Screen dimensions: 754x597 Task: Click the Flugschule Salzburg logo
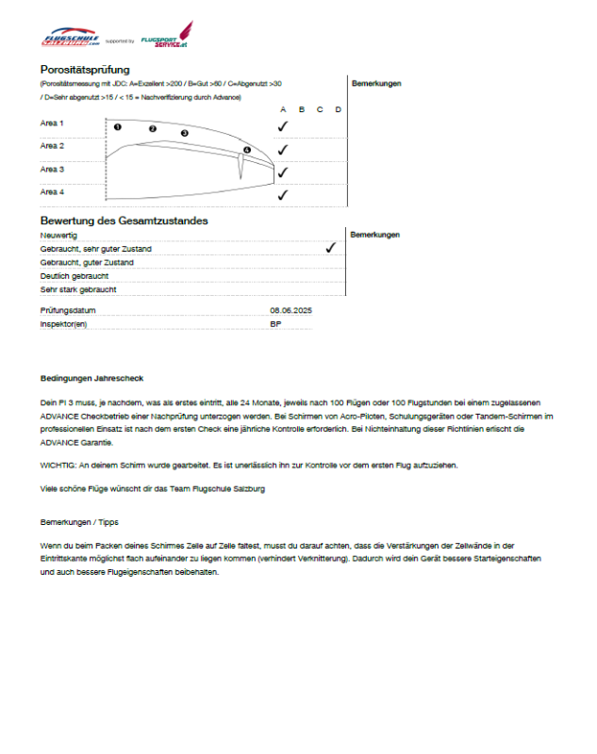click(71, 39)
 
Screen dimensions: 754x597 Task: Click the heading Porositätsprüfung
click(85, 70)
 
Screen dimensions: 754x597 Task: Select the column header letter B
click(301, 109)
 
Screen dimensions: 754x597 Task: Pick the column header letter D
click(338, 109)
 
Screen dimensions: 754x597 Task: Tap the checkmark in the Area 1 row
click(282, 125)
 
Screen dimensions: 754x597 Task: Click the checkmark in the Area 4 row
click(282, 195)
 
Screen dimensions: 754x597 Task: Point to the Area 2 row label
click(52, 146)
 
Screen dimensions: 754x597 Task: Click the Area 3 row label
click(52, 170)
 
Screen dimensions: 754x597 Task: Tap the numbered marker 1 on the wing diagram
click(118, 126)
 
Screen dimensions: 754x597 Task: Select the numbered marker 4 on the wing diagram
click(247, 150)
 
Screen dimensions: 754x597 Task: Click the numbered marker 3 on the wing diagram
click(185, 134)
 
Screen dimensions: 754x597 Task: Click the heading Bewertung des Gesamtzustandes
click(124, 221)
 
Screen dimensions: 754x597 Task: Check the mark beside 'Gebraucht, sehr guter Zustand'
click(330, 248)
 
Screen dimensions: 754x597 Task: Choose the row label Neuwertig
click(58, 235)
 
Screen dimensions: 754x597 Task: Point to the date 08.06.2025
click(290, 310)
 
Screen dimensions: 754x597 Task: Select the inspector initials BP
click(275, 324)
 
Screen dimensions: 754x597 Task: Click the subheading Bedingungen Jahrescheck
click(91, 379)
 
